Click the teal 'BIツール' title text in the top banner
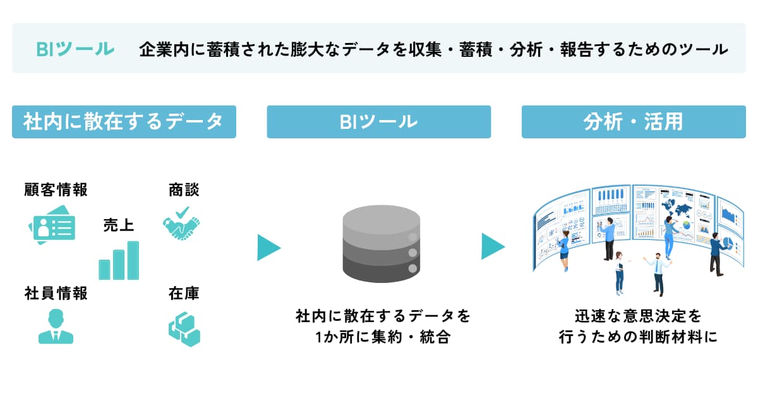[x=75, y=49]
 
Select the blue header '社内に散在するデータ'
[x=124, y=122]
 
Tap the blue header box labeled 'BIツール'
[x=378, y=122]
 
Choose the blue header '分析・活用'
[x=634, y=122]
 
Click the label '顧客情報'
[x=56, y=190]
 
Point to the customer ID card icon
[x=52, y=225]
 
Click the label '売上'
[x=119, y=225]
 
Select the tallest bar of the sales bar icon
[x=133, y=260]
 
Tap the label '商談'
[x=184, y=190]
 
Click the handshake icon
[x=181, y=229]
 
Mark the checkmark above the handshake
[x=182, y=212]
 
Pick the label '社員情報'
[x=56, y=293]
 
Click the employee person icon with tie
[x=56, y=326]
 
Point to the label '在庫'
[x=184, y=293]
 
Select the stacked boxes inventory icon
[x=184, y=329]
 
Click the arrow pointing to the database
[x=268, y=248]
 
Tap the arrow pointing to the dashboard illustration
[x=493, y=246]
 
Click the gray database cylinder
[x=382, y=244]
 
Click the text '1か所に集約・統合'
[x=383, y=337]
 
